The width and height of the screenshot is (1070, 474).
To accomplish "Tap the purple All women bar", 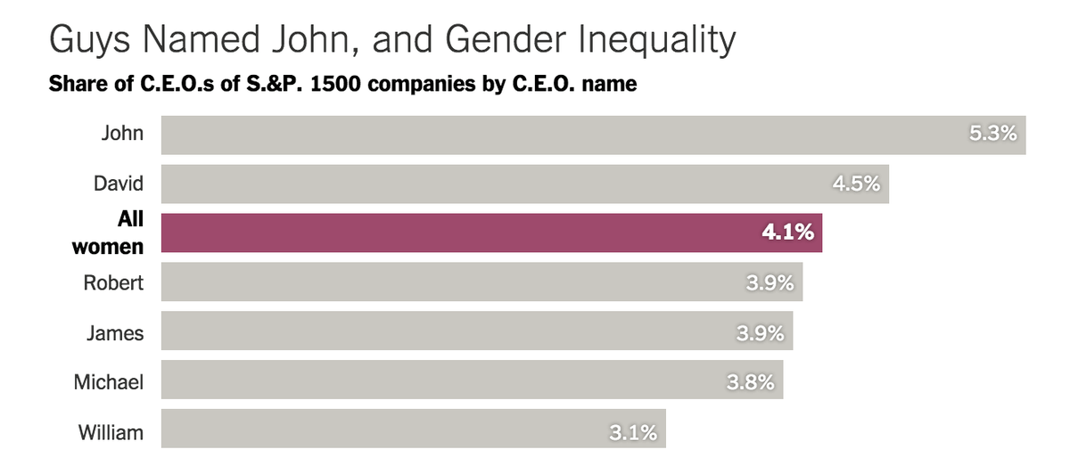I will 446,233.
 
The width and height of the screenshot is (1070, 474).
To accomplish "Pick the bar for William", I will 374,433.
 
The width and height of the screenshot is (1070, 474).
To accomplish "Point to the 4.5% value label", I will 856,184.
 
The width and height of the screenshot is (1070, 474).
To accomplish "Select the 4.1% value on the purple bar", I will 787,233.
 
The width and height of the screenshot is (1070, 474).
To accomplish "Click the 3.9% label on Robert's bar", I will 770,283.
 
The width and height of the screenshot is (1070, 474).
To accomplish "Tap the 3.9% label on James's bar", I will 760,333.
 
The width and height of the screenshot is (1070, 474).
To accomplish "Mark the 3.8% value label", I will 750,383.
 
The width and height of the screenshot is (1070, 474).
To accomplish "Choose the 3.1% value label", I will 633,433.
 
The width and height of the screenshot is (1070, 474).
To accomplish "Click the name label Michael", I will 108,383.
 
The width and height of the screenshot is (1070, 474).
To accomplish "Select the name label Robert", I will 113,283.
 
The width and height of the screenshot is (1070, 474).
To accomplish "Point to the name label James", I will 115,333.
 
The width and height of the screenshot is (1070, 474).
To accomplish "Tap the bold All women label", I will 108,233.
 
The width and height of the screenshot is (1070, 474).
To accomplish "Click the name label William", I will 111,433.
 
